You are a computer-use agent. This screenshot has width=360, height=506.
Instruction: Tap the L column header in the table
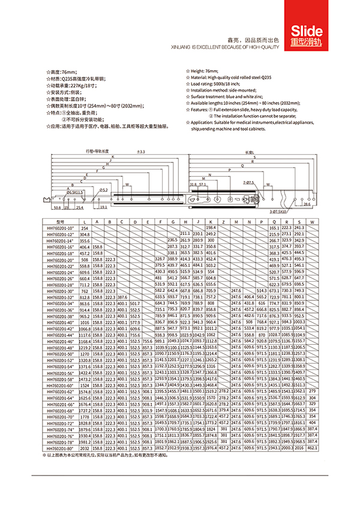point(85,222)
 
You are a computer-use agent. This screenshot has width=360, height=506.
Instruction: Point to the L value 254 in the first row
point(85,228)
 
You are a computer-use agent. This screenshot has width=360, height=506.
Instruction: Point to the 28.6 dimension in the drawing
point(307,204)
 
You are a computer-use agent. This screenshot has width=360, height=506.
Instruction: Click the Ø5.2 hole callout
point(103,189)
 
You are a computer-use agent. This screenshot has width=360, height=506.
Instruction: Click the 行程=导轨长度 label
point(97,152)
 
